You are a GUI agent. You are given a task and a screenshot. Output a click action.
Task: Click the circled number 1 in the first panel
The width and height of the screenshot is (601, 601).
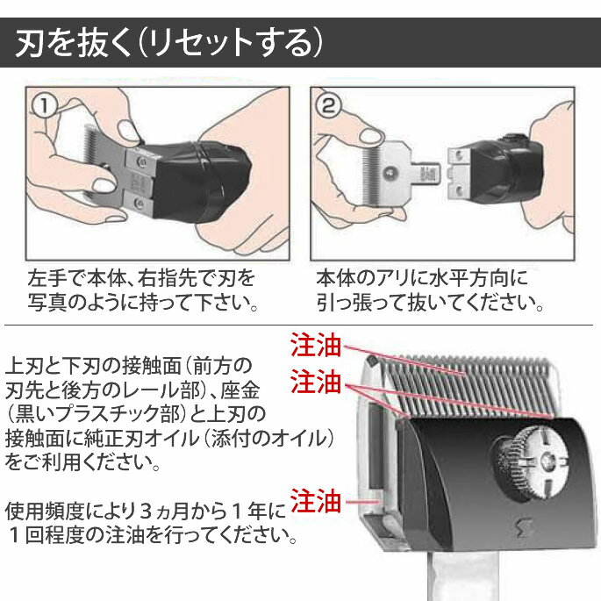(x=45, y=106)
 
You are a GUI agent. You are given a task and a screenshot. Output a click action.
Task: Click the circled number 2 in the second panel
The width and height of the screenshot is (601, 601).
(x=328, y=106)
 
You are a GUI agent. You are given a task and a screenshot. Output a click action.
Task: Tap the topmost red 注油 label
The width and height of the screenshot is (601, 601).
(x=316, y=345)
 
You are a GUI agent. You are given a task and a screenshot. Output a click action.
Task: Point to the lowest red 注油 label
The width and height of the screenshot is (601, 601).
(x=316, y=501)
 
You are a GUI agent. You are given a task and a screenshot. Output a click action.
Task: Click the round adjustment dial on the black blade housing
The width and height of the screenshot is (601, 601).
(x=530, y=461)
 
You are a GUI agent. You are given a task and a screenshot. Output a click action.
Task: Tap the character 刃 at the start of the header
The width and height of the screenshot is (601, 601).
(x=30, y=42)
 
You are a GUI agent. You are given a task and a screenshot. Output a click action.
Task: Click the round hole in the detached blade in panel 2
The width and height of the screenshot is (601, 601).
(x=390, y=173)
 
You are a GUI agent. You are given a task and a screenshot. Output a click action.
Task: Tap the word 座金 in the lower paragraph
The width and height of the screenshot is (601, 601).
(x=240, y=390)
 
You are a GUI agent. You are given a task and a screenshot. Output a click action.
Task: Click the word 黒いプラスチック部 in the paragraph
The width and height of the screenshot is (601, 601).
(x=96, y=414)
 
